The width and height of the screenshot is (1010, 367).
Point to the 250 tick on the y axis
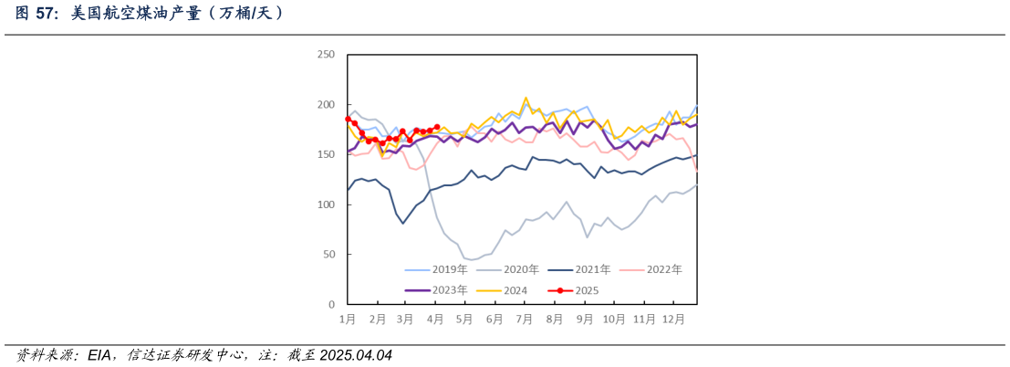(x=325, y=56)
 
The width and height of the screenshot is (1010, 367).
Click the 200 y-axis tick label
(x=325, y=105)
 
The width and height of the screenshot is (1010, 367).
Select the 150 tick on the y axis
(x=325, y=155)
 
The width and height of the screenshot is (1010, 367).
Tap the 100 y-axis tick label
(x=325, y=204)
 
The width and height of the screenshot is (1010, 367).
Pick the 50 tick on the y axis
(x=328, y=255)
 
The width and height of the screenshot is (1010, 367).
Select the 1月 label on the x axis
(x=348, y=320)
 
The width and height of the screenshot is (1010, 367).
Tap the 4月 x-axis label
(x=435, y=320)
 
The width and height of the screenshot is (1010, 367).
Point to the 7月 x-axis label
(x=524, y=320)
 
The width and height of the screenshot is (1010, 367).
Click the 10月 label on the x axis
(x=613, y=320)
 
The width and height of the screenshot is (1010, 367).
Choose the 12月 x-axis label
(x=672, y=320)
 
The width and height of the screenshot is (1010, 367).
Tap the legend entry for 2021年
(x=592, y=269)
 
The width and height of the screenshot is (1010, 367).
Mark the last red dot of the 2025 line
(x=437, y=127)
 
